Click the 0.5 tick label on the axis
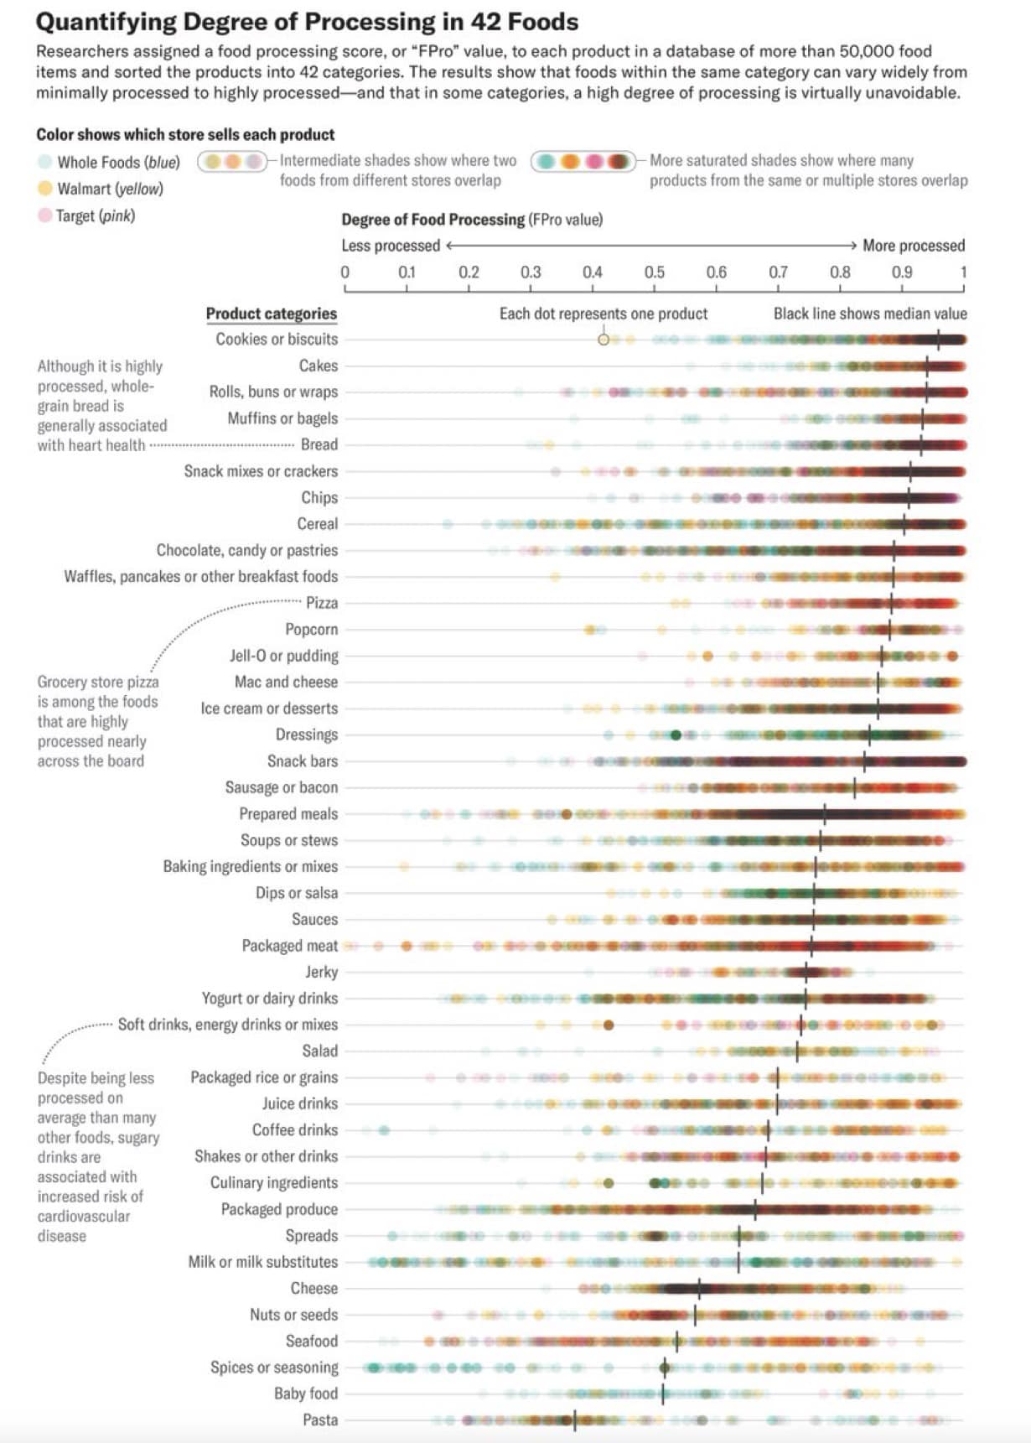pyautogui.click(x=654, y=273)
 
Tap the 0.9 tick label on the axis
pyautogui.click(x=902, y=273)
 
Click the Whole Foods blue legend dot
pyautogui.click(x=44, y=162)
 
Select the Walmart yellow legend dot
pyautogui.click(x=44, y=189)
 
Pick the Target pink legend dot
pyautogui.click(x=44, y=215)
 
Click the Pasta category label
pyautogui.click(x=320, y=1420)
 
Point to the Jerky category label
pyautogui.click(x=321, y=972)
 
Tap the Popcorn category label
pyautogui.click(x=311, y=629)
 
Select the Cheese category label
pyautogui.click(x=313, y=1288)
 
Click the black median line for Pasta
pyautogui.click(x=574, y=1420)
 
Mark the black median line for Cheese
pyautogui.click(x=699, y=1288)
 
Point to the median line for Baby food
pyautogui.click(x=663, y=1394)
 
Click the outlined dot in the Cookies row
pyautogui.click(x=604, y=340)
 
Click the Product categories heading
pyautogui.click(x=271, y=314)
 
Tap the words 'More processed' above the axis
pyautogui.click(x=914, y=246)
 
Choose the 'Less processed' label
pyautogui.click(x=391, y=246)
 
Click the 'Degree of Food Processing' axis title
pyautogui.click(x=433, y=220)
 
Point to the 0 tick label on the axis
pyautogui.click(x=345, y=273)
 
